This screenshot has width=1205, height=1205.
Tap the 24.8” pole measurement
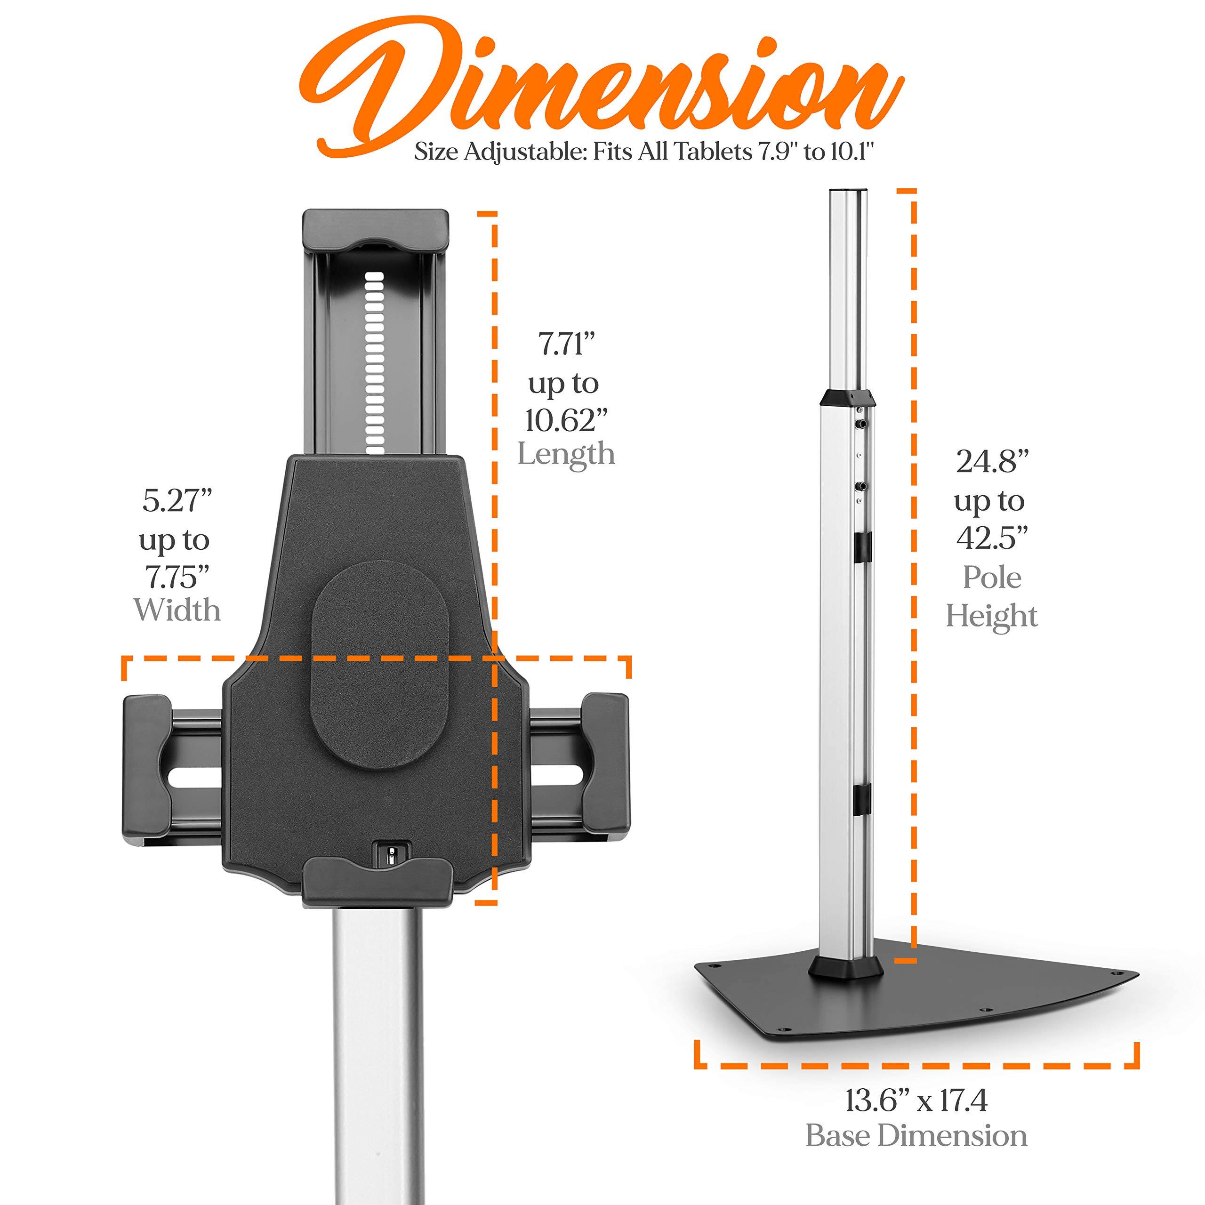(x=992, y=462)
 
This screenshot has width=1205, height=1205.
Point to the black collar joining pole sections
(x=846, y=397)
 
